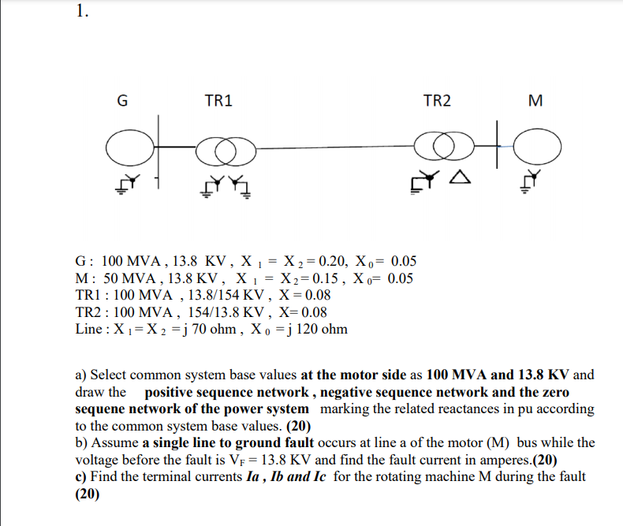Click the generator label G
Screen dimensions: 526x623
pos(121,101)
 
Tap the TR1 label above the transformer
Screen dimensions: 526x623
pos(218,101)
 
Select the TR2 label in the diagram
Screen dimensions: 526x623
pos(438,101)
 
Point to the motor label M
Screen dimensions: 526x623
pos(537,101)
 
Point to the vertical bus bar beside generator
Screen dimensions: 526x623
pos(159,150)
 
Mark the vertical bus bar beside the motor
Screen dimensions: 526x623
pos(498,144)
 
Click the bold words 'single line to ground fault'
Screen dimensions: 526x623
pos(229,442)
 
